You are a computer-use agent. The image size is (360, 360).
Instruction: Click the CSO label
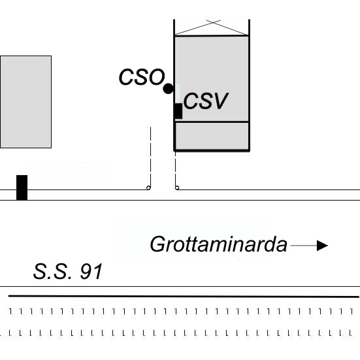(142, 77)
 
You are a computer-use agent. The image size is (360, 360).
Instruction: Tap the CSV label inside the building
(206, 101)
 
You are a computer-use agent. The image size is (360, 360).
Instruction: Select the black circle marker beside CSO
(169, 89)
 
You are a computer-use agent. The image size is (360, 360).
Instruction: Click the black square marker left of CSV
(178, 111)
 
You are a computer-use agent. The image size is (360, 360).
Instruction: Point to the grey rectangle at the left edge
(25, 102)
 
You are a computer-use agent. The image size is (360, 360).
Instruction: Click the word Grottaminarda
(219, 244)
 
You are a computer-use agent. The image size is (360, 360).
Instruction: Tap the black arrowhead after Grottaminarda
(322, 246)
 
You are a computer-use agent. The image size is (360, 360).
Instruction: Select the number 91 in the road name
(91, 271)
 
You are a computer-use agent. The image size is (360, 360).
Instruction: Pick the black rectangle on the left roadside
(22, 188)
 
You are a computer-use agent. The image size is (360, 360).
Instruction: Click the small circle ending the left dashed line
(148, 188)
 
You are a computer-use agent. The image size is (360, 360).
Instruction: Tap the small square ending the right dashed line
(177, 188)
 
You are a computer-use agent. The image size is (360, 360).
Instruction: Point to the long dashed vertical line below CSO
(151, 157)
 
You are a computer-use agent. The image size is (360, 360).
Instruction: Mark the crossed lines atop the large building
(212, 27)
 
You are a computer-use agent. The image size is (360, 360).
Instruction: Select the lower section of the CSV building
(212, 136)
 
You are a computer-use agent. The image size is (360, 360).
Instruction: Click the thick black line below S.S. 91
(184, 297)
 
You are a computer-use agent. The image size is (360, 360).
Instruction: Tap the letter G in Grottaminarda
(158, 244)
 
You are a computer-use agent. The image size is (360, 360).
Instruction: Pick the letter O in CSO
(157, 77)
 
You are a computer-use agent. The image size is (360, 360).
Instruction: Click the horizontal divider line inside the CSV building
(212, 122)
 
